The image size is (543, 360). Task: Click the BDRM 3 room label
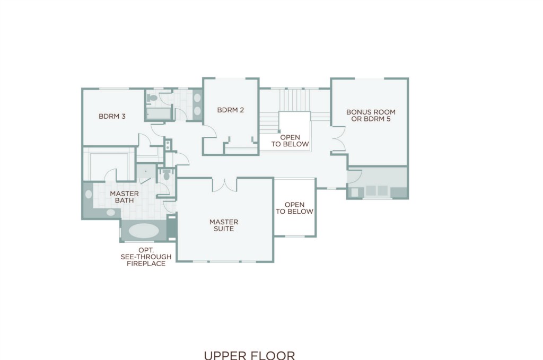pyautogui.click(x=112, y=116)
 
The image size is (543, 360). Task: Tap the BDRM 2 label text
pyautogui.click(x=230, y=110)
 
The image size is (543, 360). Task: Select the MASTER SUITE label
pyautogui.click(x=224, y=225)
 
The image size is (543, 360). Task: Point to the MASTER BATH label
pyautogui.click(x=124, y=197)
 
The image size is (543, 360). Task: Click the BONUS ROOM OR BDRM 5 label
pyautogui.click(x=371, y=115)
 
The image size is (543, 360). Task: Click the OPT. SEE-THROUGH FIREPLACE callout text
pyautogui.click(x=146, y=257)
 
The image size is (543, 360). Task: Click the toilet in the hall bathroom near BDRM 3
pyautogui.click(x=152, y=98)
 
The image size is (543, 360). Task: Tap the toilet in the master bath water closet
pyautogui.click(x=167, y=175)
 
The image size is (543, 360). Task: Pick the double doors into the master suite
pyautogui.click(x=224, y=185)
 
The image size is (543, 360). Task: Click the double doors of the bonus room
pyautogui.click(x=339, y=139)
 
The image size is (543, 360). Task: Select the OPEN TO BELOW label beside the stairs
pyautogui.click(x=290, y=141)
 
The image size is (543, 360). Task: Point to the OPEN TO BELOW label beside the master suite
pyautogui.click(x=295, y=208)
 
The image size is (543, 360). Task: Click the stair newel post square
pyautogui.click(x=279, y=131)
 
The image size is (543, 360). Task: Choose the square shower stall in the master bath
pyautogui.click(x=145, y=171)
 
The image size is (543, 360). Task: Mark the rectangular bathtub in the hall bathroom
pyautogui.click(x=158, y=113)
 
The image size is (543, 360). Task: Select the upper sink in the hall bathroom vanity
pyautogui.click(x=197, y=98)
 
